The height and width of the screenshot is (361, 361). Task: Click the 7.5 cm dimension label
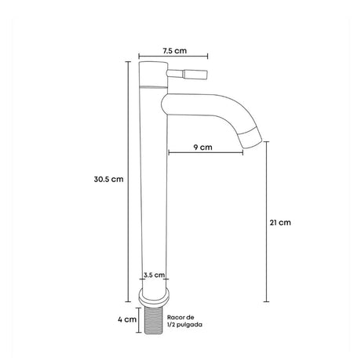point(175,50)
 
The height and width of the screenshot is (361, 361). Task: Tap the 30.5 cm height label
point(108,179)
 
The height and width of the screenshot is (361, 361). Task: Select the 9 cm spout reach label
point(202,148)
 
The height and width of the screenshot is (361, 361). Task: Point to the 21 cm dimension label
point(280,223)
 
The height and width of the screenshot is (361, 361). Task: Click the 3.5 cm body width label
point(154,275)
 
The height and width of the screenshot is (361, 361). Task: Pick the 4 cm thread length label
point(127,319)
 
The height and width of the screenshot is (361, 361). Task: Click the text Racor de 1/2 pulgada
point(184,321)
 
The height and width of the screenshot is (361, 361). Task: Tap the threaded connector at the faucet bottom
point(154,320)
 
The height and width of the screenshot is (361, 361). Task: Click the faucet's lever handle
point(187,74)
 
